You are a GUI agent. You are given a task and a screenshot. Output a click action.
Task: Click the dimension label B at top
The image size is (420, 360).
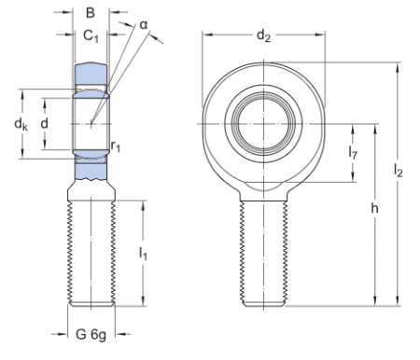pyautogui.click(x=91, y=14)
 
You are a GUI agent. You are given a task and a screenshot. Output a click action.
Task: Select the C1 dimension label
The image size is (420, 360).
pyautogui.click(x=91, y=36)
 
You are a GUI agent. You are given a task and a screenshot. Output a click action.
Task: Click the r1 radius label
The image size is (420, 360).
pyautogui.click(x=115, y=146)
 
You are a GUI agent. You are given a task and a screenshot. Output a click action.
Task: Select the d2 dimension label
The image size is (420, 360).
pyautogui.click(x=264, y=36)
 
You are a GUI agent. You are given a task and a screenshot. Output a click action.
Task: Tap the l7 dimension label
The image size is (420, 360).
pyautogui.click(x=354, y=151)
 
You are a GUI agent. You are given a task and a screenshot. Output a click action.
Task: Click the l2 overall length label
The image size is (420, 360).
pyautogui.click(x=399, y=171)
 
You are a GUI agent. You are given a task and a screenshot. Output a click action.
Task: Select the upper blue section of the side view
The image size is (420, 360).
pyautogui.click(x=91, y=73)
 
